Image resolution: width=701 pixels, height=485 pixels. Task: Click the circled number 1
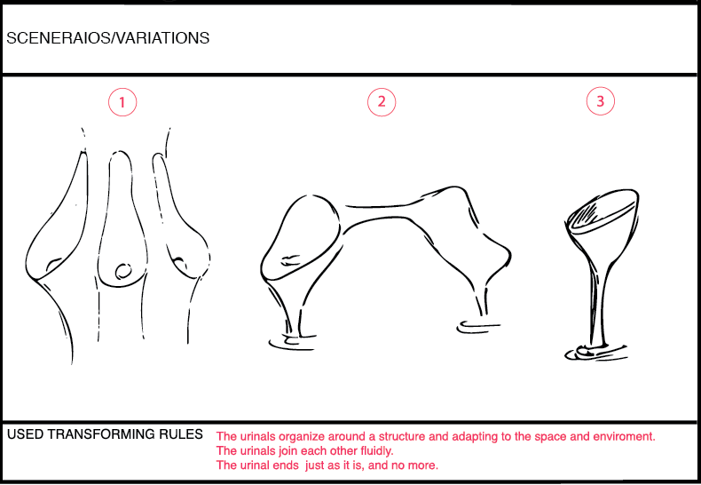pos(122,102)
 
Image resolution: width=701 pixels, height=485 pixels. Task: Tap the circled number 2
pos(382,101)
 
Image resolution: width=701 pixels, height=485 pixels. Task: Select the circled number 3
pos(601,101)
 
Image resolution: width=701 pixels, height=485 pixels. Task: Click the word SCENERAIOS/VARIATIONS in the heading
pos(107,38)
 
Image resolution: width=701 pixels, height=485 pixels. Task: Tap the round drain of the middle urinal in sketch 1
pos(123,271)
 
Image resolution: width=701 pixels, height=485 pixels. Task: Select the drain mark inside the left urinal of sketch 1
pos(53,263)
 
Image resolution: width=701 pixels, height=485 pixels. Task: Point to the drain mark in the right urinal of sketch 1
pos(181,263)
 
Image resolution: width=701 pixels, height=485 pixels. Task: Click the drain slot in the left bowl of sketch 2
pos(290,259)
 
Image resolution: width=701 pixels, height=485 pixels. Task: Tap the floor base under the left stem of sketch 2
pos(291,341)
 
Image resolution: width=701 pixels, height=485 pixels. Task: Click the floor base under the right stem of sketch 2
pos(477,327)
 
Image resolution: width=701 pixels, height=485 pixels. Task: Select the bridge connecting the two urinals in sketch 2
pos(384,211)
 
